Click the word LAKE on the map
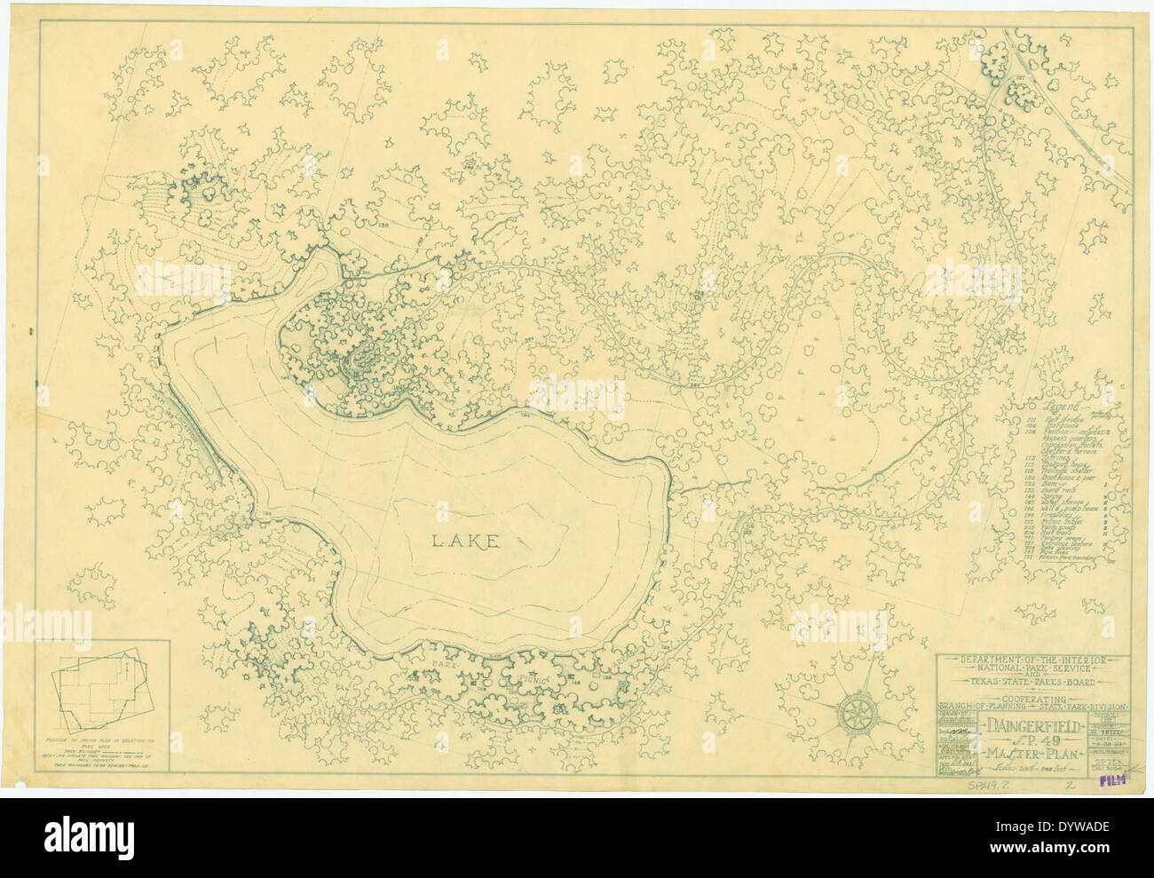tap(465, 541)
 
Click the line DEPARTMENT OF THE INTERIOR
tap(1034, 661)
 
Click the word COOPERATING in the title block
tap(1034, 698)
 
